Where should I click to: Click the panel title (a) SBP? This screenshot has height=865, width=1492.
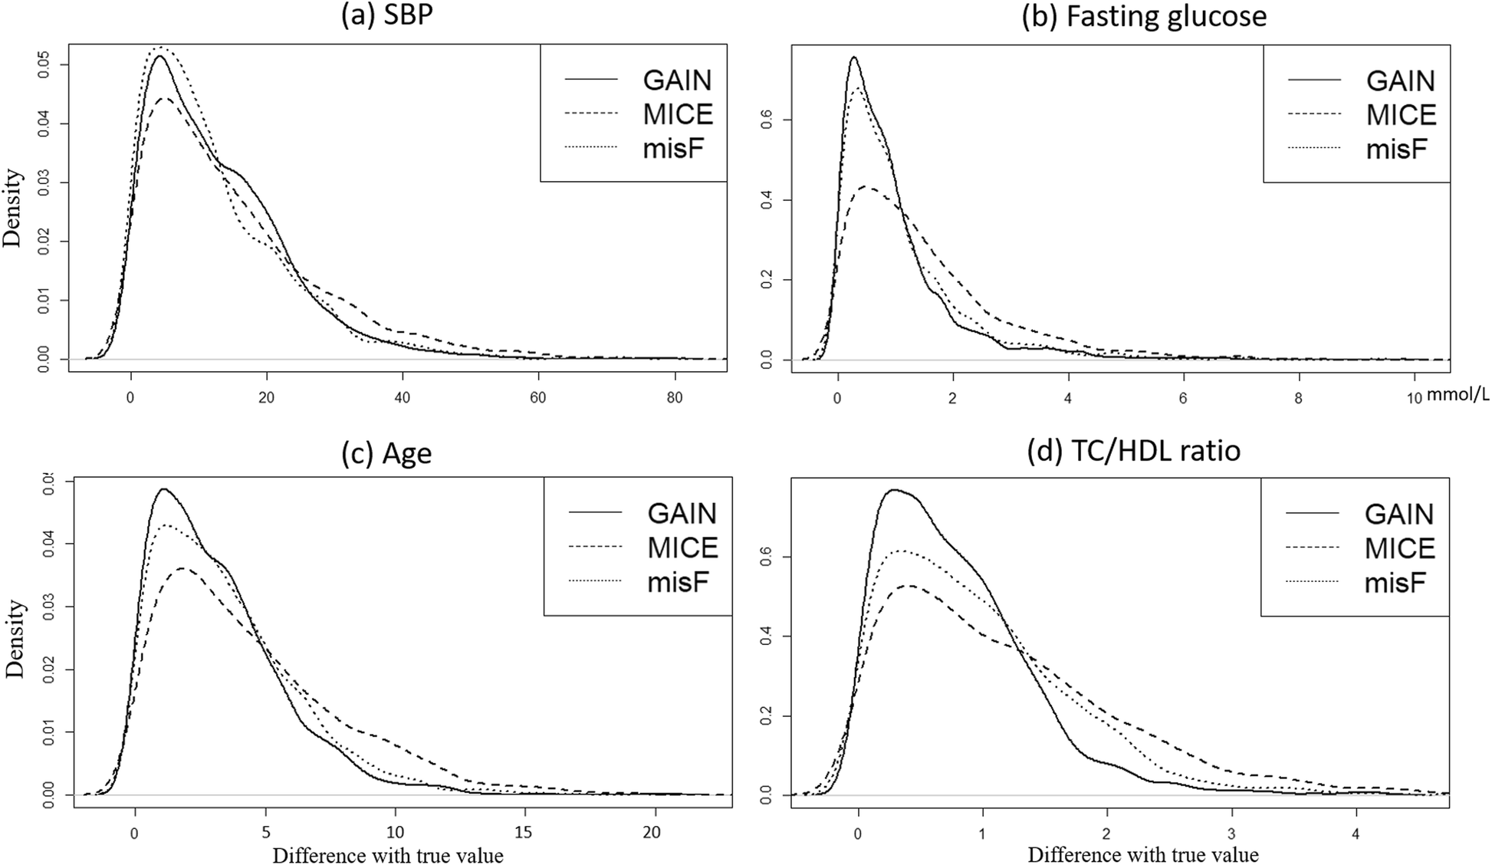(x=386, y=16)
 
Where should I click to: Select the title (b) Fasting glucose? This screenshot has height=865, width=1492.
(x=1144, y=16)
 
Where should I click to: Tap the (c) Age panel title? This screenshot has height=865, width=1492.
(x=386, y=453)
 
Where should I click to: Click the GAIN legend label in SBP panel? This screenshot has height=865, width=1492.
(x=677, y=80)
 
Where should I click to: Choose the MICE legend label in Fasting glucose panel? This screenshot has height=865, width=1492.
(x=1401, y=115)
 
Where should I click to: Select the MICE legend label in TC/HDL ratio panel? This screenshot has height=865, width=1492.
(x=1399, y=548)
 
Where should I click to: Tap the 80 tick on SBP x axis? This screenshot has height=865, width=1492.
(x=675, y=397)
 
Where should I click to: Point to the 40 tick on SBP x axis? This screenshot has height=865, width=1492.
(x=403, y=397)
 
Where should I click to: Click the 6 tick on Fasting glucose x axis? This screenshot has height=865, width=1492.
(x=1183, y=397)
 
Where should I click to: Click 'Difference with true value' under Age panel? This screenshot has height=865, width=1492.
(x=388, y=855)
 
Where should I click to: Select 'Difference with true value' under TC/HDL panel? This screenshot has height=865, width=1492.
(x=1143, y=854)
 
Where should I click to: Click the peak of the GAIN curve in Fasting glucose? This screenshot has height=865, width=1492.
(x=853, y=57)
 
